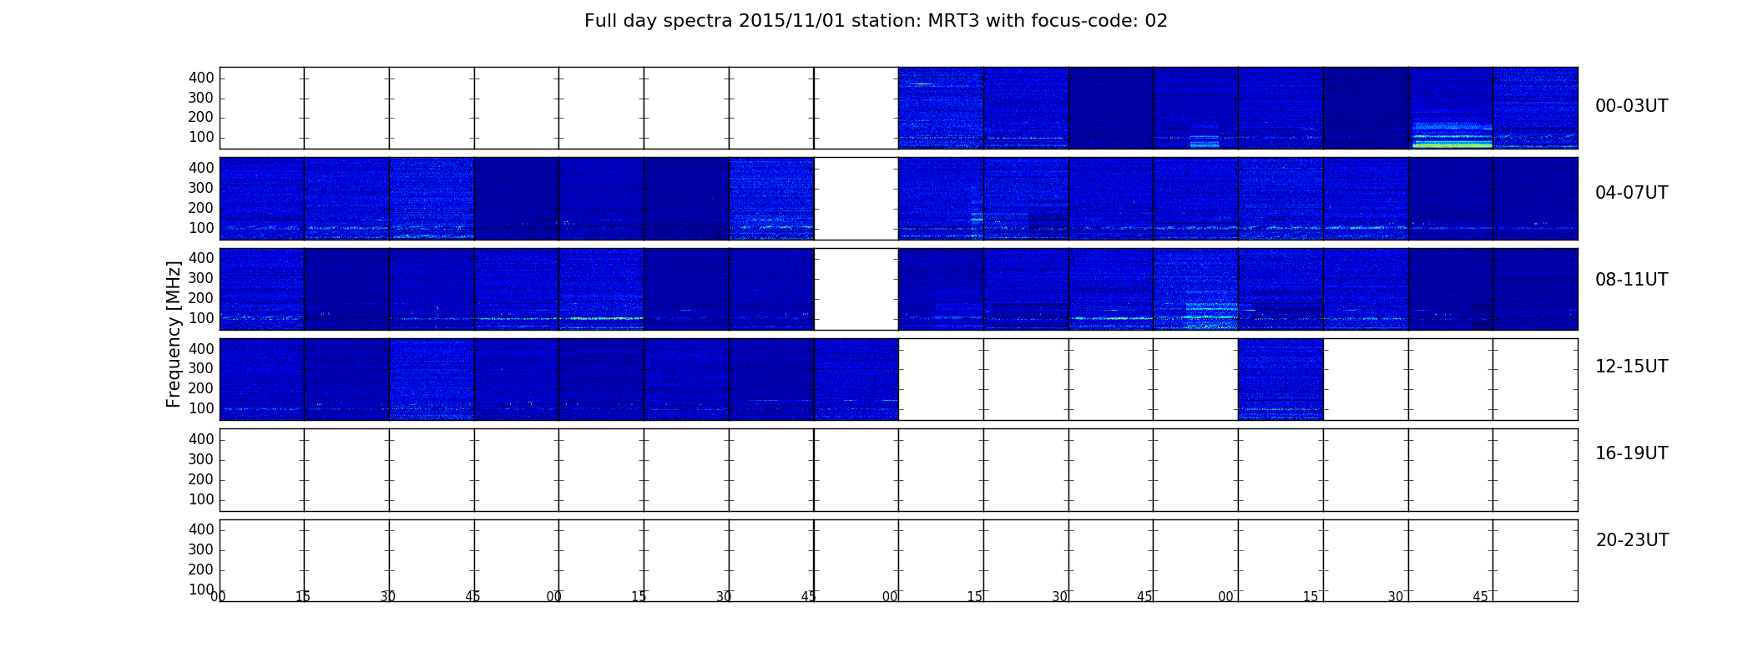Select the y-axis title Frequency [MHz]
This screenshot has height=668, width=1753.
point(174,334)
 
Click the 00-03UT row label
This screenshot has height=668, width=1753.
point(1631,106)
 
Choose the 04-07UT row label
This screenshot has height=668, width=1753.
point(1631,193)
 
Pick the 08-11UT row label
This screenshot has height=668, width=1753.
point(1631,280)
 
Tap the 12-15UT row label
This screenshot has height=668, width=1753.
point(1631,367)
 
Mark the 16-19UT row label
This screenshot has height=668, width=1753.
point(1631,453)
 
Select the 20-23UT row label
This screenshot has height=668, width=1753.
point(1632,540)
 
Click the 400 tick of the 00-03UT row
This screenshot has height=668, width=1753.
point(201,78)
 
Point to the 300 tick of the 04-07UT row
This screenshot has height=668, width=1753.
point(201,188)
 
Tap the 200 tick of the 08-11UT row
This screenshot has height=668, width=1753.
point(201,298)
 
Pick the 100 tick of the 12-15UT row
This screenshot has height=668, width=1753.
point(201,408)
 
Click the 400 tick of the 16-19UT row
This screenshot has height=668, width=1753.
point(201,439)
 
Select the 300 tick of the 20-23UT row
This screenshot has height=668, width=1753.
point(201,549)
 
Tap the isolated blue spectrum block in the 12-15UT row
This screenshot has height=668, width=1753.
point(1281,379)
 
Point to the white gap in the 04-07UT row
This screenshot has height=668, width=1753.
point(856,199)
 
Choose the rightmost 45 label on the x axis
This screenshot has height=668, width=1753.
point(1480,597)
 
